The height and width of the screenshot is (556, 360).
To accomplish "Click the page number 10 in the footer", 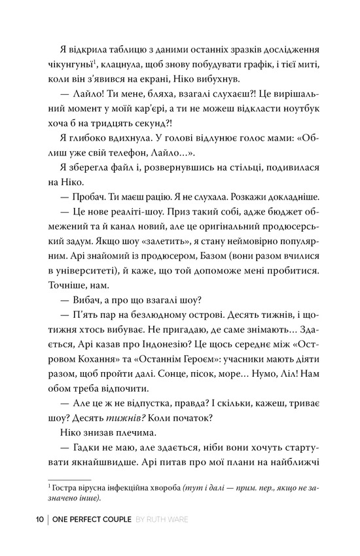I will click(x=39, y=520).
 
